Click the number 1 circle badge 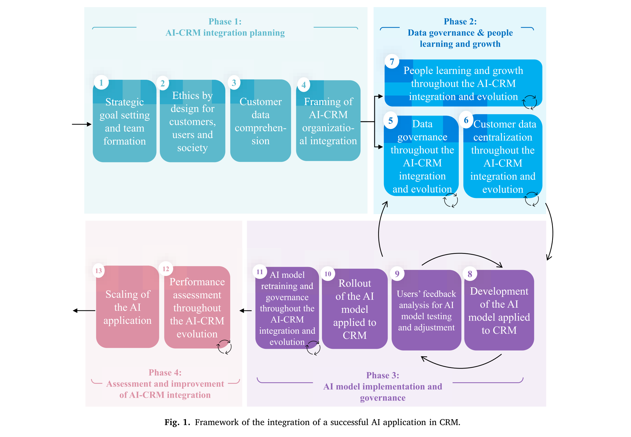[101, 83]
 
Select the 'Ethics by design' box [192, 121]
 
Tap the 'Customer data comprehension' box [260, 121]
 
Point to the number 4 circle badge [304, 85]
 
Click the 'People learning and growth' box [463, 83]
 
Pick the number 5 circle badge [391, 120]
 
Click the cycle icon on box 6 [531, 199]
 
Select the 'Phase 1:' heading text [225, 22]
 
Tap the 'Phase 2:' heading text [460, 22]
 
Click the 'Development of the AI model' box [499, 310]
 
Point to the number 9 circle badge [397, 274]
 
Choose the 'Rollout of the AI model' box [355, 309]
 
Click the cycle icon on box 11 [313, 348]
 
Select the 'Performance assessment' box [197, 307]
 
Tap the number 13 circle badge [99, 270]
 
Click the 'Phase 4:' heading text [165, 373]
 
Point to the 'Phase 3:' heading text [383, 375]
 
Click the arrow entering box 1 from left [82, 124]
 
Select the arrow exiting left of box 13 [84, 311]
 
